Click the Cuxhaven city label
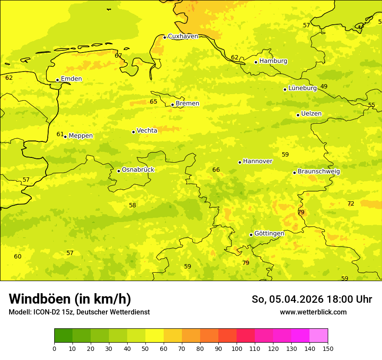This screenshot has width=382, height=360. point(183,36)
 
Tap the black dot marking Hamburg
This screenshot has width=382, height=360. point(256,62)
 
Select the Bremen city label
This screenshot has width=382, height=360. point(188,104)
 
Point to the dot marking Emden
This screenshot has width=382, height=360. point(57,80)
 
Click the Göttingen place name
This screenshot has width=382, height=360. point(269,234)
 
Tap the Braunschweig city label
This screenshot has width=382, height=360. point(319,172)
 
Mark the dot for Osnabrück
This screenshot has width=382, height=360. point(119,171)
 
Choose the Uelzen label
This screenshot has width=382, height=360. point(311,114)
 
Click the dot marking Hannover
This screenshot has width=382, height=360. point(240,162)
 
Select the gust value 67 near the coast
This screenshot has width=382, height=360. point(119,56)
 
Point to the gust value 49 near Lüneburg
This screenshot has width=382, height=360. point(324,87)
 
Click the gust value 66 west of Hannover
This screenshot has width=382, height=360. point(216,170)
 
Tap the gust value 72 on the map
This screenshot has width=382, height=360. point(351,204)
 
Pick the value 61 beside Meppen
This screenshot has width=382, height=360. point(60,134)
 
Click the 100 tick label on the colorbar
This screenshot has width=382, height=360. point(237,348)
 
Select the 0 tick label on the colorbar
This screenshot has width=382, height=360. point(54,348)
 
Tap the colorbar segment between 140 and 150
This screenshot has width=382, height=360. point(319,336)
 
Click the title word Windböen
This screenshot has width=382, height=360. point(40,299)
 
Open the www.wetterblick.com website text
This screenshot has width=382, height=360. point(313,312)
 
